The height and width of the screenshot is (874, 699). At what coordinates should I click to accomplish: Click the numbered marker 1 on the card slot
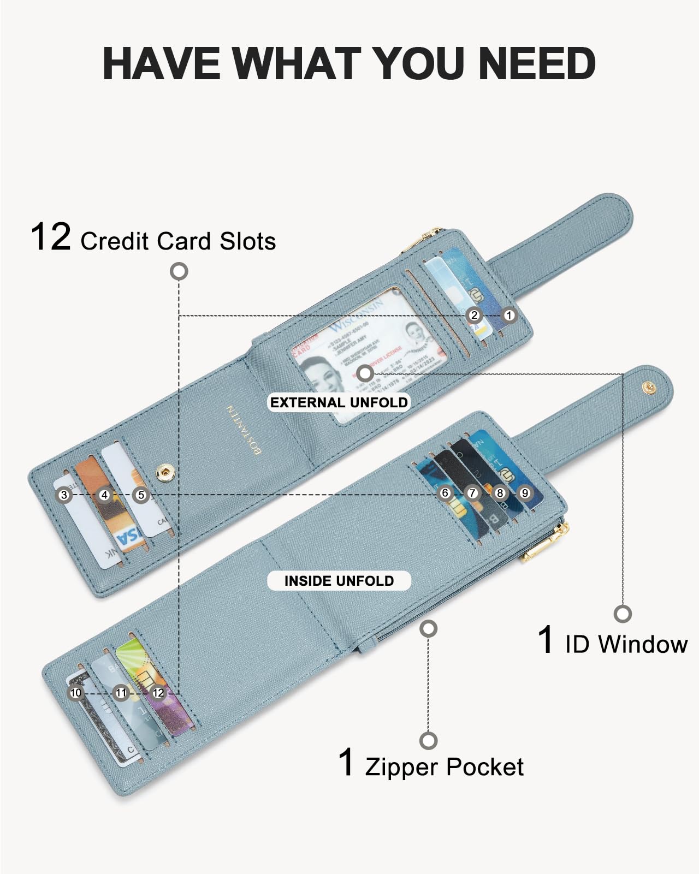click(509, 315)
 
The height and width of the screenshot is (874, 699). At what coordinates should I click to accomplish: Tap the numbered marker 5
click(141, 495)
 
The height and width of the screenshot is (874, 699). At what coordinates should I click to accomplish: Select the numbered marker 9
click(525, 493)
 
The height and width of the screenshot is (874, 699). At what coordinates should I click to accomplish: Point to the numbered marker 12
click(158, 693)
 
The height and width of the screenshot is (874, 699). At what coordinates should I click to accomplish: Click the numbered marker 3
click(64, 495)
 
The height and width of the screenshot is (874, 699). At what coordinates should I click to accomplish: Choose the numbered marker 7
click(472, 493)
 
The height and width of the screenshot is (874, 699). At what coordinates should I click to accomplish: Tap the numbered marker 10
click(76, 693)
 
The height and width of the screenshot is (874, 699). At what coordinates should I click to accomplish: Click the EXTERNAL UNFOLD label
click(339, 402)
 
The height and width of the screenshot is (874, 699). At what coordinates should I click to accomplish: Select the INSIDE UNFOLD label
click(339, 580)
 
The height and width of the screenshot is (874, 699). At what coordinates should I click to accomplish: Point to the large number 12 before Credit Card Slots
click(50, 237)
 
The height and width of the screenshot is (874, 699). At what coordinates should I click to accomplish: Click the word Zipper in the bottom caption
click(401, 767)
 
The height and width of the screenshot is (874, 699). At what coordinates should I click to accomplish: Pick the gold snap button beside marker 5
click(164, 473)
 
